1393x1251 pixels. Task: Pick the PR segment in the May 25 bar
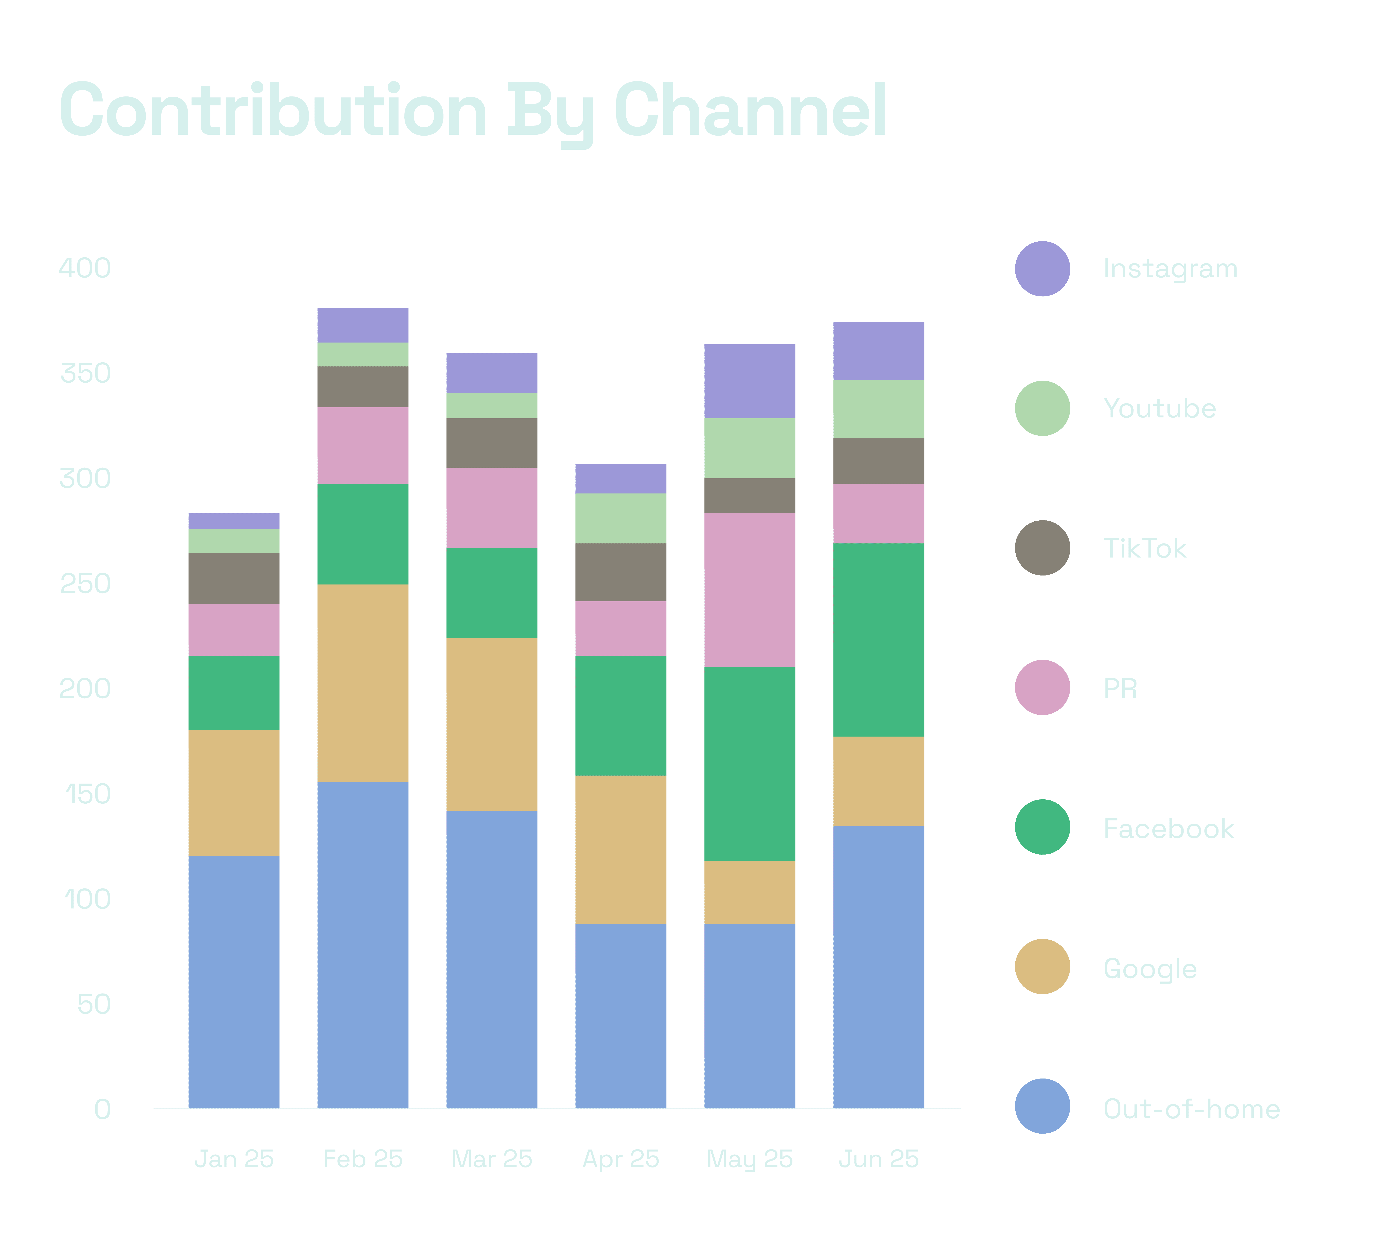(x=750, y=590)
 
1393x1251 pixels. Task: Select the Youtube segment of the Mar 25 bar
(x=492, y=405)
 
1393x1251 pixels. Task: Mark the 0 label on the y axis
(x=102, y=1109)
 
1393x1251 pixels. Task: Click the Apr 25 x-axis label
(x=621, y=1159)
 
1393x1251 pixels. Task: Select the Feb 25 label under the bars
(x=363, y=1159)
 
